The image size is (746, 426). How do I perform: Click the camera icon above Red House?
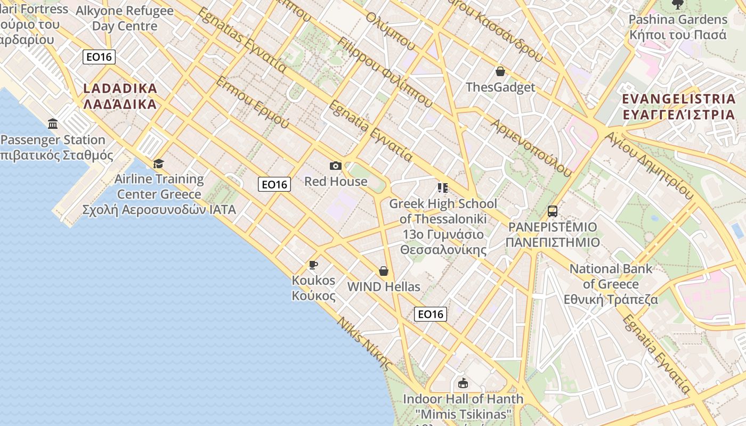click(335, 166)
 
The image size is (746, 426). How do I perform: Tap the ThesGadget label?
click(500, 87)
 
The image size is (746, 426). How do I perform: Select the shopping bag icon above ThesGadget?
click(500, 71)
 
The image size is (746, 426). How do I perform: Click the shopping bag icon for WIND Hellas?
click(384, 272)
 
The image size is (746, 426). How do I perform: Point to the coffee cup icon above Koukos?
click(313, 265)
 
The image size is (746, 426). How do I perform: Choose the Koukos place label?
click(313, 288)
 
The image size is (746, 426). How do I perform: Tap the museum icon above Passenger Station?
click(53, 124)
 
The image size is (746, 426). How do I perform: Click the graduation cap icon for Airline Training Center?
click(158, 163)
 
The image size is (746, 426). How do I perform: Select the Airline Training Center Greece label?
click(159, 194)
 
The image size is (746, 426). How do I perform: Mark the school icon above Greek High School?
click(442, 187)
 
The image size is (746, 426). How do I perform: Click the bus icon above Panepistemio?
click(553, 211)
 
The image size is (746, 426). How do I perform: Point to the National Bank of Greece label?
click(611, 284)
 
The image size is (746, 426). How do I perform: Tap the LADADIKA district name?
click(120, 96)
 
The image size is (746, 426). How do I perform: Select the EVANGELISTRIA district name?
click(678, 106)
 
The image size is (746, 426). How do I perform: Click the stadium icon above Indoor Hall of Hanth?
click(463, 383)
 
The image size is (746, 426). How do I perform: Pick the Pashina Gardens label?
click(678, 27)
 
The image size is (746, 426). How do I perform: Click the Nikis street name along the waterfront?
click(365, 343)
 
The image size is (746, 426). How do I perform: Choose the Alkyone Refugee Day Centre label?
click(125, 18)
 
